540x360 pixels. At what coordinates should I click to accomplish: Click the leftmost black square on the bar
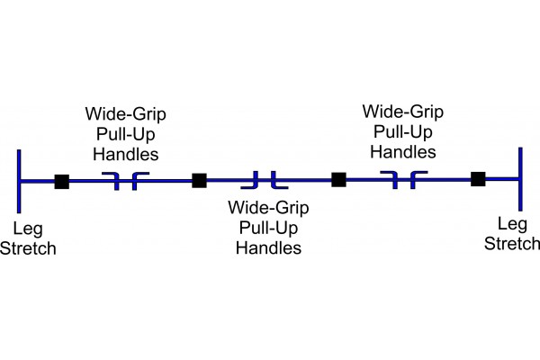click(x=61, y=181)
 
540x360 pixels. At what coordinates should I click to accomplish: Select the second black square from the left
click(x=200, y=181)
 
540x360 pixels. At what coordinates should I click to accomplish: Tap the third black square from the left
click(x=338, y=180)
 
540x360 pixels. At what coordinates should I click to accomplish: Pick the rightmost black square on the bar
click(x=478, y=179)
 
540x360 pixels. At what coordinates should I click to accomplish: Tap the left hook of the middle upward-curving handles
click(x=256, y=177)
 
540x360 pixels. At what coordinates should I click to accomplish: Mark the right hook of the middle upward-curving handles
click(x=275, y=177)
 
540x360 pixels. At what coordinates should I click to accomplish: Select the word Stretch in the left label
click(x=28, y=248)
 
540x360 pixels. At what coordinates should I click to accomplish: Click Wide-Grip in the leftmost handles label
click(x=125, y=115)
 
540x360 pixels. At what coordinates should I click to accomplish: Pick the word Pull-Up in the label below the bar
click(x=268, y=228)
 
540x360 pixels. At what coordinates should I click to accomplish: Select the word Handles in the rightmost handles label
click(x=402, y=152)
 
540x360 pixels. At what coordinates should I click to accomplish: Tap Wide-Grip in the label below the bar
click(x=268, y=209)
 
